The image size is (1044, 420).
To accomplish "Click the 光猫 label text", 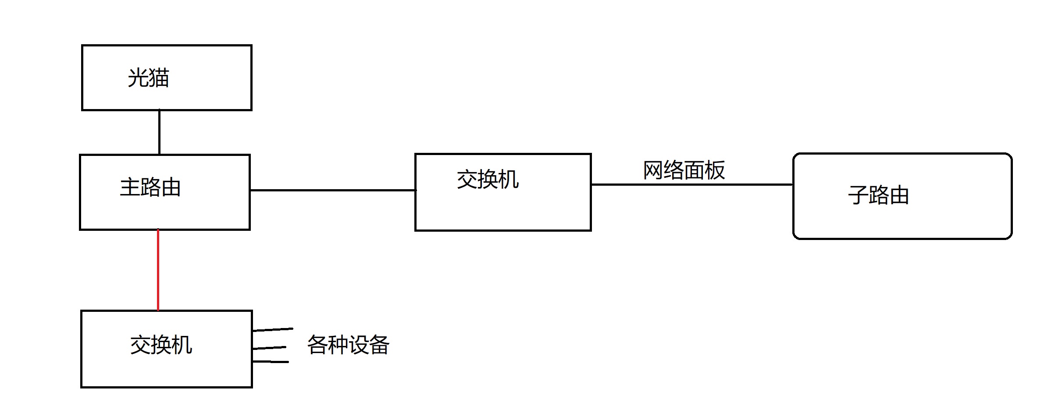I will pos(148,78).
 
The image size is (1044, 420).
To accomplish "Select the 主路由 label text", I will pos(150,187).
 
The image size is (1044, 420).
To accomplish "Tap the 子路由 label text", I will pos(878,195).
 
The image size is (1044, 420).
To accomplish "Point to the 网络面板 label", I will pos(684,170).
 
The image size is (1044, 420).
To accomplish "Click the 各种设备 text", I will pos(348,345).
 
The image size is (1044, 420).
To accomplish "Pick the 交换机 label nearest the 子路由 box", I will pos(488,180).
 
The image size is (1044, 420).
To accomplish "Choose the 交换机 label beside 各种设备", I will pos(161,345).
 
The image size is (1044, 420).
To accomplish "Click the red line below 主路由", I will pos(158,270).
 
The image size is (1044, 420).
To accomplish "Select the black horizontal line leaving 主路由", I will pos(332,190).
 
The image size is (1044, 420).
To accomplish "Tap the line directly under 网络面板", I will pos(692,184).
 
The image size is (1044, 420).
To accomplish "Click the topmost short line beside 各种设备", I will pos(273,329).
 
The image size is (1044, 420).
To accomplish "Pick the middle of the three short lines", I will pos(270,348).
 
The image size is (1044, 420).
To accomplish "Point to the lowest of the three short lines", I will pos(271,362).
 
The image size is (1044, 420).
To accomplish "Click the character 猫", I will pos(159,78).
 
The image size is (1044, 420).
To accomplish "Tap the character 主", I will pos(130,187).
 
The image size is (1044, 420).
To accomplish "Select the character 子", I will pos(858,195).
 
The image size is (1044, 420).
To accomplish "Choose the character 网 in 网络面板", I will pos(653,170).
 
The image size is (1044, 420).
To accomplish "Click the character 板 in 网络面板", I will pos(715,170).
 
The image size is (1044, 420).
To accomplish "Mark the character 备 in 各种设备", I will pos(379,345).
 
